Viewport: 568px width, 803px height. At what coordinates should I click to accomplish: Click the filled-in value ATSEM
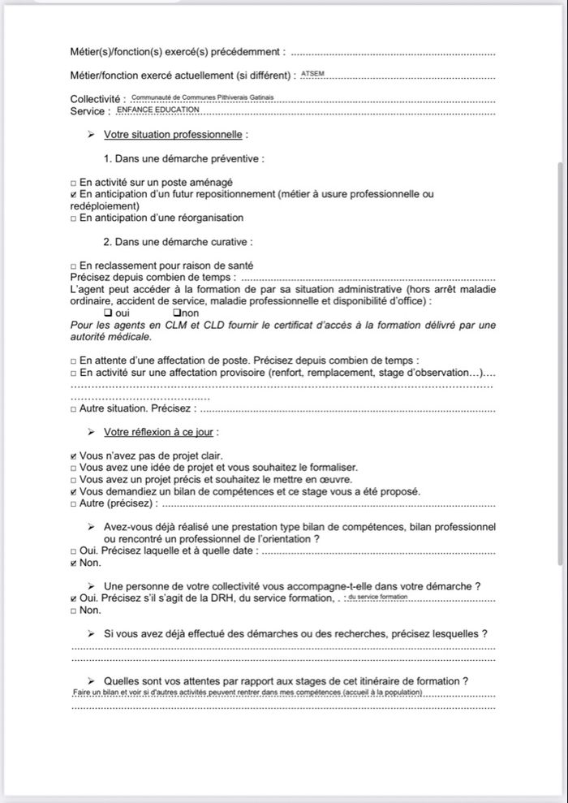click(x=312, y=74)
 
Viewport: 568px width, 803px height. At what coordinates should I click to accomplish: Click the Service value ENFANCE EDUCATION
click(x=147, y=109)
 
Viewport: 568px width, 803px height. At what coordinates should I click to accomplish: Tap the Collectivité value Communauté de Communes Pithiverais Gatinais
click(x=202, y=97)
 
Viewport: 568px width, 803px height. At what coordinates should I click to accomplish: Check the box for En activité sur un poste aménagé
click(x=74, y=183)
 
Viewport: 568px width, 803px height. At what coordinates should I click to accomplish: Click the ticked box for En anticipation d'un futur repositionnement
click(x=74, y=195)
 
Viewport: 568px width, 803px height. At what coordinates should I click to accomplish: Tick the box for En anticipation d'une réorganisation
click(x=74, y=218)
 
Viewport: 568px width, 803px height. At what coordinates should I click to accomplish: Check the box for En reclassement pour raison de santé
click(x=74, y=266)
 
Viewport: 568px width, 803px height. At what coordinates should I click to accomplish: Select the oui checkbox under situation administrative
click(x=109, y=313)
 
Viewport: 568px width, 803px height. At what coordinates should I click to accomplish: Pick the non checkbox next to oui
click(x=176, y=313)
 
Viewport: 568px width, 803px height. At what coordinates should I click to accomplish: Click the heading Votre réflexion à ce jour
click(x=161, y=432)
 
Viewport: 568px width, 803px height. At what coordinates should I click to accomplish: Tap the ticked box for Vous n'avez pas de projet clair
click(x=74, y=456)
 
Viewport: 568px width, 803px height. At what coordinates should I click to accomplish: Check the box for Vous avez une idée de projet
click(x=74, y=468)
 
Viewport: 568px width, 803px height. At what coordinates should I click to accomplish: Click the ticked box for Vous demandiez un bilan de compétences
click(x=74, y=492)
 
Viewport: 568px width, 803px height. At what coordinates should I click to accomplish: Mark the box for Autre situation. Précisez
click(x=74, y=409)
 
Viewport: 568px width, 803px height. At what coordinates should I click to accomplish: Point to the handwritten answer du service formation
click(x=377, y=597)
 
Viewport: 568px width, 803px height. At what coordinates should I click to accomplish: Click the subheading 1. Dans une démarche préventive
click(x=183, y=159)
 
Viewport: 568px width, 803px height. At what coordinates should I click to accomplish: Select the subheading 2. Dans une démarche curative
click(x=178, y=242)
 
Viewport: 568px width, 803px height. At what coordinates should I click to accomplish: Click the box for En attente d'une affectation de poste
click(x=74, y=361)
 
